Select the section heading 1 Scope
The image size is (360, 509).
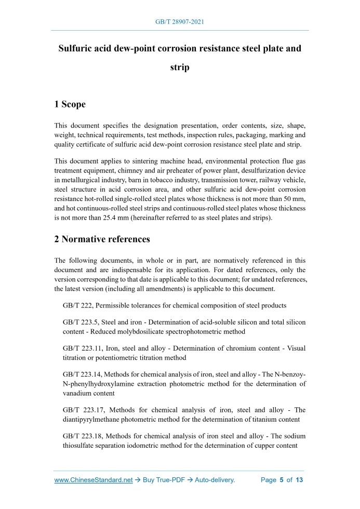coord(70,104)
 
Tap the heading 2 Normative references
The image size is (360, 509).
coord(102,239)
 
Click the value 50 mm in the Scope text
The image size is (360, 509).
coord(294,199)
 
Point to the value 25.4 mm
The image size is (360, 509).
coord(93,218)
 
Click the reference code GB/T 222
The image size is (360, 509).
coord(78,305)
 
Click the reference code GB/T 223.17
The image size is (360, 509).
coord(82,409)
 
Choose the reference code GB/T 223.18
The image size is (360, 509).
coord(82,436)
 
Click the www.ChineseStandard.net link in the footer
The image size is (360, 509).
coord(94,480)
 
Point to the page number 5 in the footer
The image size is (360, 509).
coord(281,480)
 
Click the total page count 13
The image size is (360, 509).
coord(299,480)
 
